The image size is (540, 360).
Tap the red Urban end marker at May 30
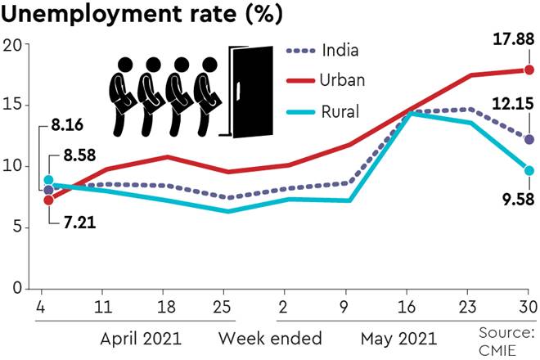(529, 70)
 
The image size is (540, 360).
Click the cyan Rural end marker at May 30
(529, 170)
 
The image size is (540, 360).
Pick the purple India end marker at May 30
(529, 140)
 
